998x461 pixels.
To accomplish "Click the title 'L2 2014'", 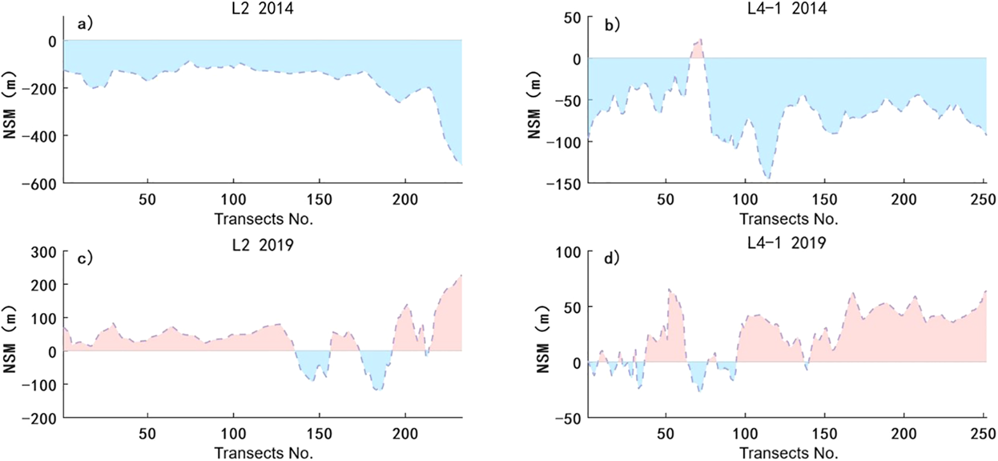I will [262, 8].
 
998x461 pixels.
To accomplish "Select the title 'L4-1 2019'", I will [786, 243].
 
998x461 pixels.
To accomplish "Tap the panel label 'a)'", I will [85, 24].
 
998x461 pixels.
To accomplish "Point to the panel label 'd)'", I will [612, 258].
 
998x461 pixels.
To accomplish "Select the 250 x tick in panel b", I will [983, 200].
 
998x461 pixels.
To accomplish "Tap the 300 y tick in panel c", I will [43, 252].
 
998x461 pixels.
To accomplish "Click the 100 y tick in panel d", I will [568, 252].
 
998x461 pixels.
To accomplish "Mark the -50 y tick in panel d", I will [568, 418].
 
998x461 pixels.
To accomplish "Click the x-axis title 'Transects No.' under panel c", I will [263, 453].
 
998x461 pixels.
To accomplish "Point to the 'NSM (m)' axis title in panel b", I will [535, 106].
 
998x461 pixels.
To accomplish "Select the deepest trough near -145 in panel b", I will [768, 177].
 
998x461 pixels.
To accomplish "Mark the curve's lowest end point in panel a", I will [461, 164].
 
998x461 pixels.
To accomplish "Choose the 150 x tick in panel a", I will [319, 200].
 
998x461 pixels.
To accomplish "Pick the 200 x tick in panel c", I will [404, 434].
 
